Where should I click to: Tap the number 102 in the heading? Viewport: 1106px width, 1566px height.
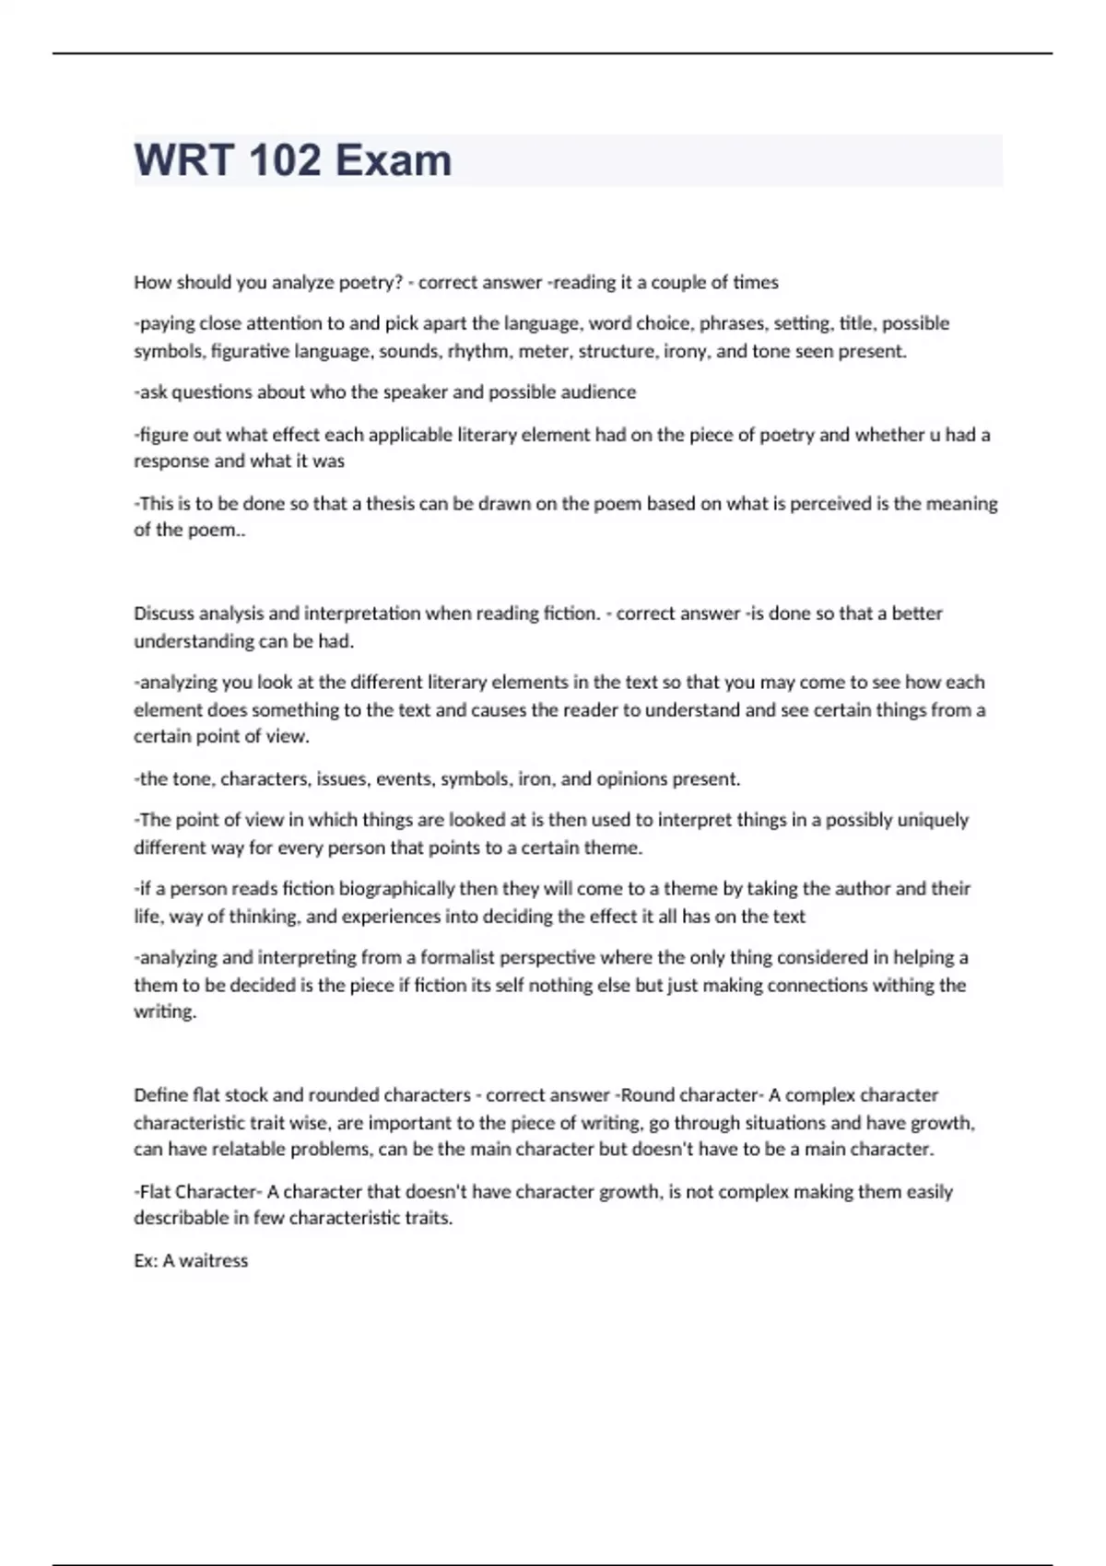pyautogui.click(x=285, y=160)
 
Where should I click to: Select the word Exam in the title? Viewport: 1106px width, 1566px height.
pyautogui.click(x=394, y=160)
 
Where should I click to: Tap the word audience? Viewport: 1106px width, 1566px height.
pyautogui.click(x=598, y=392)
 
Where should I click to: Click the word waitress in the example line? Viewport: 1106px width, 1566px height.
pyautogui.click(x=214, y=1261)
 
